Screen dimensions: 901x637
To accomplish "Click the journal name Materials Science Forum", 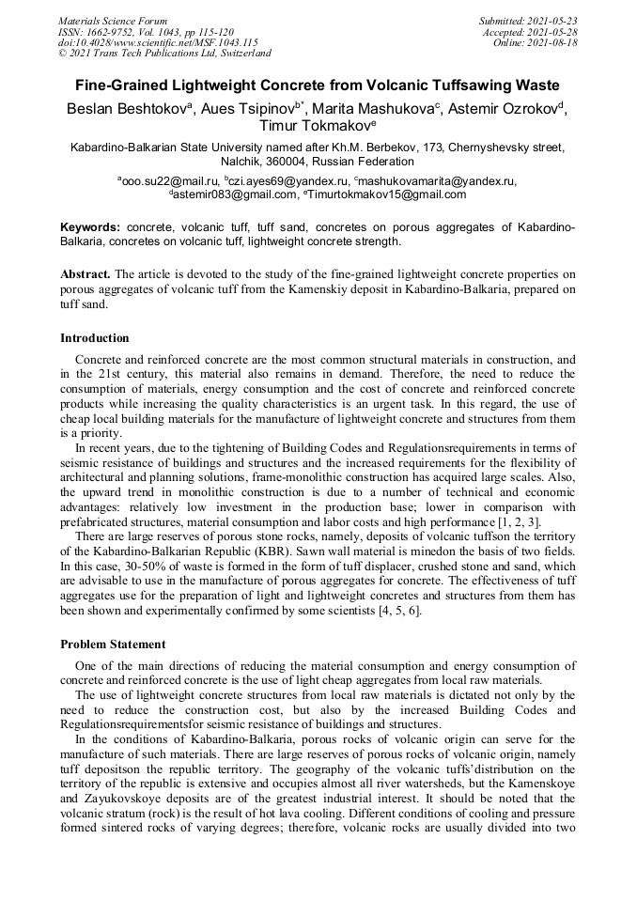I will tap(113, 20).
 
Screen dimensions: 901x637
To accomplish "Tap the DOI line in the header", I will tap(158, 42).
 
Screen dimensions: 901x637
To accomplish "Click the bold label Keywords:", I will tap(90, 228).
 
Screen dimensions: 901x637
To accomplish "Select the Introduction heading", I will tap(95, 338).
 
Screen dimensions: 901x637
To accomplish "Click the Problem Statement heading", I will tap(113, 645).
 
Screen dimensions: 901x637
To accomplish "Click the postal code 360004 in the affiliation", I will tap(288, 161).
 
